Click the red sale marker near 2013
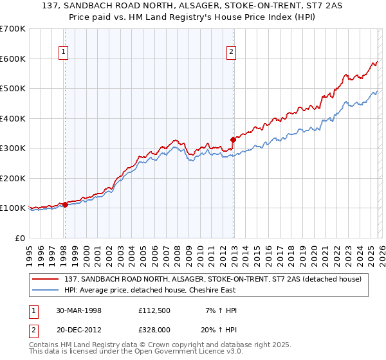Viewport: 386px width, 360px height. pyautogui.click(x=233, y=139)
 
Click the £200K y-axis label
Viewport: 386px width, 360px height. pyautogui.click(x=13, y=178)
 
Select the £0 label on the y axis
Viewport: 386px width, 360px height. pyautogui.click(x=19, y=238)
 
